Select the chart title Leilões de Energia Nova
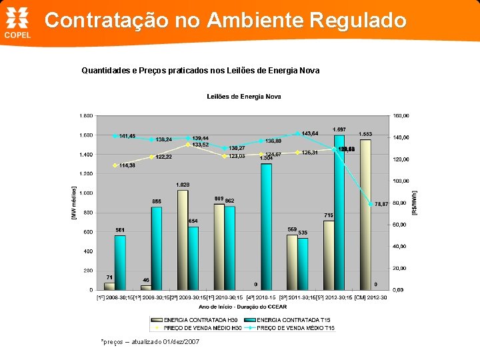(244, 97)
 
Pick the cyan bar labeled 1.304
(266, 227)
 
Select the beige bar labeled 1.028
(182, 240)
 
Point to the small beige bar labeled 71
(109, 286)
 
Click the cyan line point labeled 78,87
(371, 204)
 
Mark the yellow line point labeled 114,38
(115, 165)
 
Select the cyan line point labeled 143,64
(297, 133)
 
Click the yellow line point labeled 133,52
(189, 144)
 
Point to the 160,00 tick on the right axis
(401, 115)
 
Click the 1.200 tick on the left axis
(86, 173)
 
